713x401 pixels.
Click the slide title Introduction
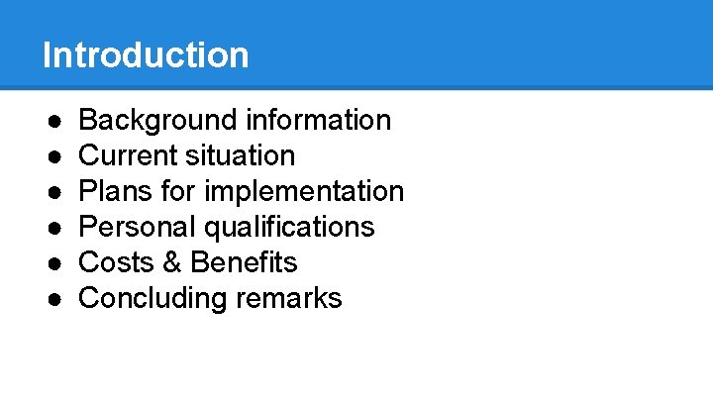(x=146, y=54)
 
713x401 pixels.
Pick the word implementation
(x=304, y=191)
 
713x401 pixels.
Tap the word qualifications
(x=289, y=227)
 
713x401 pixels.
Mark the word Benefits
(x=244, y=262)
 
